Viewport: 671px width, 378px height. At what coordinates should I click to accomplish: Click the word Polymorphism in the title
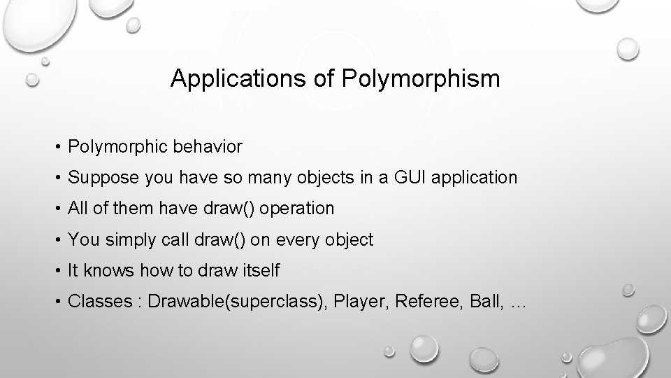tap(421, 79)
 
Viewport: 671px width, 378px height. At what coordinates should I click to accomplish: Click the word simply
tap(130, 239)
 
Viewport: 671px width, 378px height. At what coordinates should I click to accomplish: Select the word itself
tap(261, 270)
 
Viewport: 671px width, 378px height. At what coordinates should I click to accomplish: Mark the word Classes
tap(99, 302)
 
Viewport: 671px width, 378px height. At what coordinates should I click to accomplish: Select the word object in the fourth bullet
tap(348, 240)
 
